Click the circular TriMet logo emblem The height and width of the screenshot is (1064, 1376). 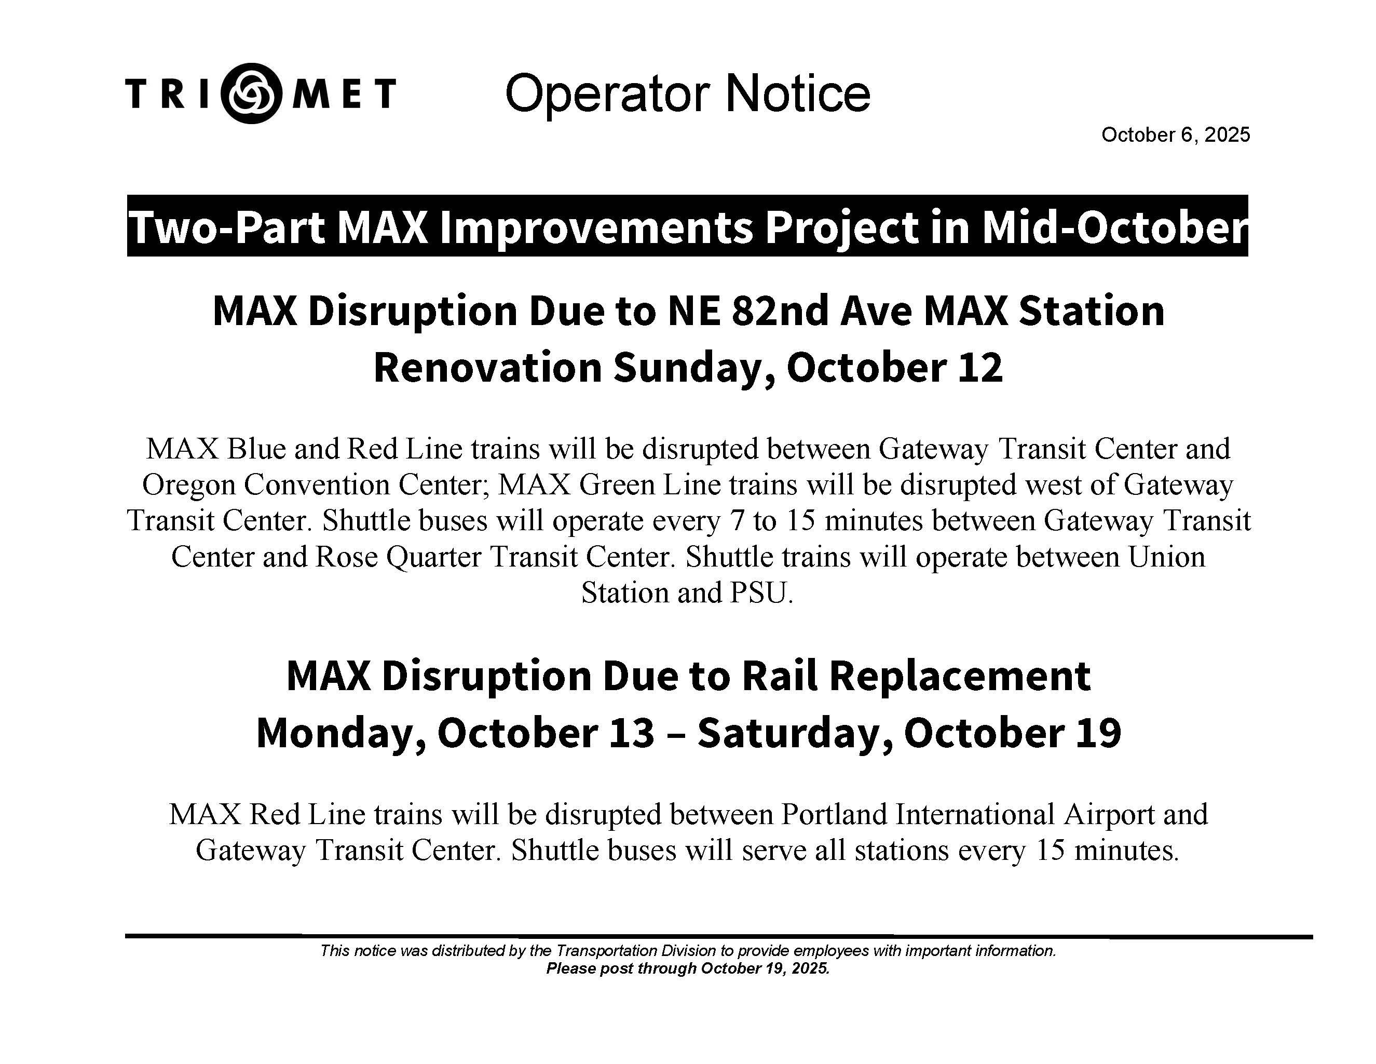(x=252, y=93)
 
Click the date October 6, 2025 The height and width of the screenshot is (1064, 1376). (x=1176, y=135)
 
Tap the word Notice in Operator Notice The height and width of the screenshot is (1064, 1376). (x=798, y=93)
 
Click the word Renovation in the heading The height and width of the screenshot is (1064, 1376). (x=488, y=368)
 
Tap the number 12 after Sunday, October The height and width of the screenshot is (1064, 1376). (x=980, y=368)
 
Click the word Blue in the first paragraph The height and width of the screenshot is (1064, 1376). (x=255, y=449)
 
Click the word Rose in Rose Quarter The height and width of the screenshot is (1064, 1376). (x=346, y=557)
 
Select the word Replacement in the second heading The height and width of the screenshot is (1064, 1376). (x=960, y=676)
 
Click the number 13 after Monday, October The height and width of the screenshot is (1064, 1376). (x=631, y=733)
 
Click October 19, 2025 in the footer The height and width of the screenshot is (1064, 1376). (x=765, y=968)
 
